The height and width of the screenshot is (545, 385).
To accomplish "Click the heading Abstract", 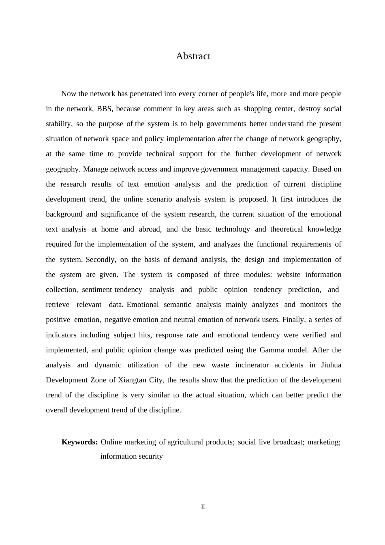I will pyautogui.click(x=193, y=56).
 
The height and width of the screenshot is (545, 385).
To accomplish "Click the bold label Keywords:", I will pyautogui.click(x=79, y=442).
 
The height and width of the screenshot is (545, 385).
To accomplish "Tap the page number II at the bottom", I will pyautogui.click(x=203, y=507).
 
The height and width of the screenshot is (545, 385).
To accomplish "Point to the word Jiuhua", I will pyautogui.click(x=331, y=365).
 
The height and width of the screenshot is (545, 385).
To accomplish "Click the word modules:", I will pyautogui.click(x=258, y=275).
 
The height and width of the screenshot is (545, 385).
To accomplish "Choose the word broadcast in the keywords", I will pyautogui.click(x=288, y=442).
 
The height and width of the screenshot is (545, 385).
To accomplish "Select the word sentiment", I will pyautogui.click(x=97, y=290).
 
